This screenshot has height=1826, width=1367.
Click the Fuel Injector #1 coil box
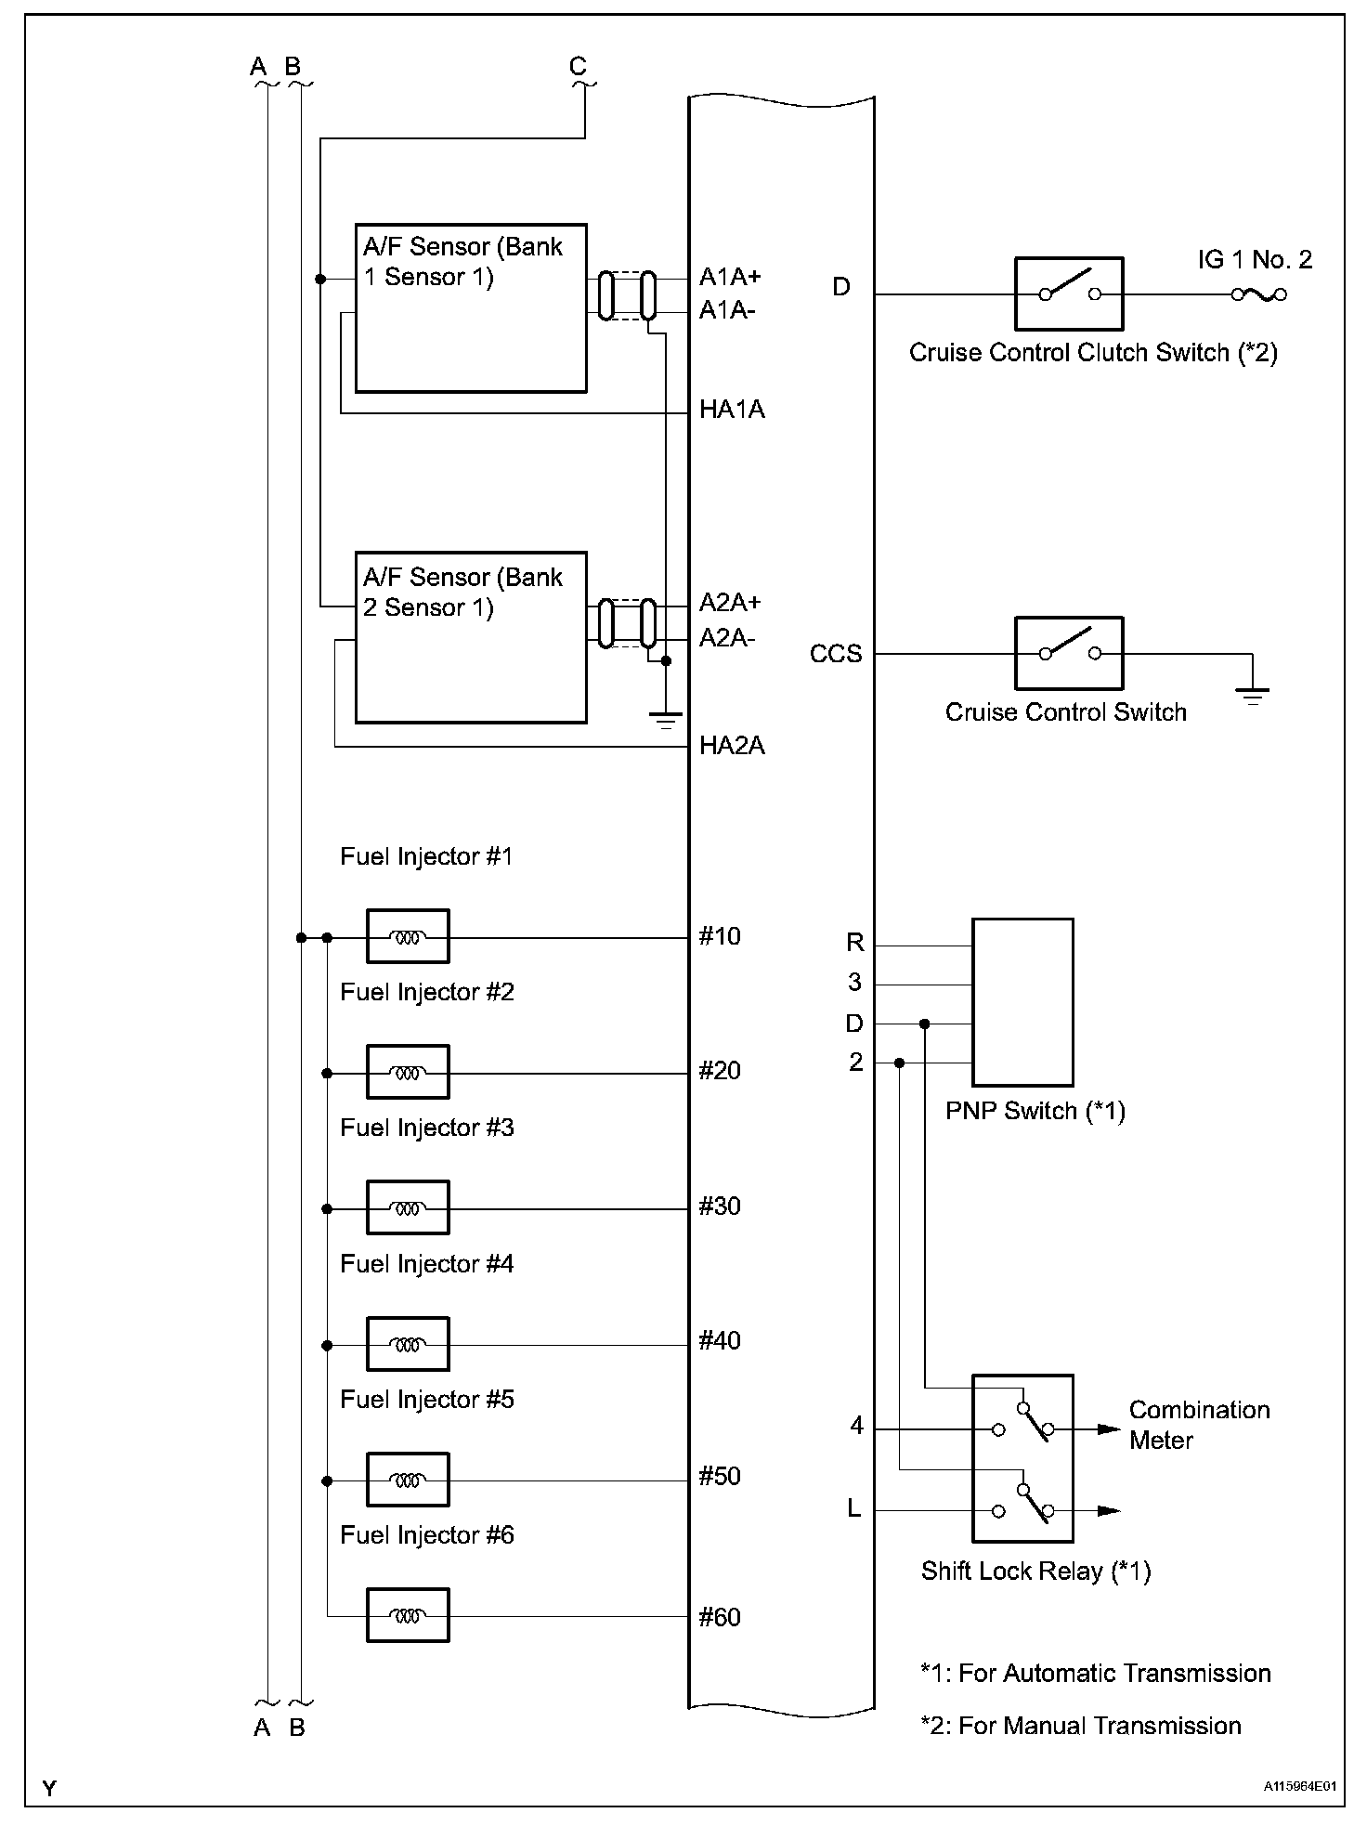coord(408,936)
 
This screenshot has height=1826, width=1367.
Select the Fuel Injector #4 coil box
coord(408,1343)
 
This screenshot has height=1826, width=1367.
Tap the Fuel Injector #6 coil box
coord(408,1615)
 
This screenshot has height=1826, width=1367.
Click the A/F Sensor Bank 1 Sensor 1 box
coord(471,307)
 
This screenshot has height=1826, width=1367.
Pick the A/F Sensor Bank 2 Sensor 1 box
coord(471,637)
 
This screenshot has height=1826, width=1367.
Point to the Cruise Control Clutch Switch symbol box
coord(1069,293)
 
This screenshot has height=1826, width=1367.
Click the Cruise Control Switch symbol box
coord(1069,653)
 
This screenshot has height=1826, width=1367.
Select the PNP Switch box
coord(1022,1002)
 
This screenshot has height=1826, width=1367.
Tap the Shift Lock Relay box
coord(1022,1458)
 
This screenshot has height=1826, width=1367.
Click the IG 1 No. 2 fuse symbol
coord(1258,294)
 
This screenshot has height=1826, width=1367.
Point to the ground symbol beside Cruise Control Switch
coord(1253,694)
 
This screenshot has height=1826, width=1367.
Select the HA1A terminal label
coord(732,410)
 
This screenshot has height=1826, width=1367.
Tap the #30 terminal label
coord(720,1206)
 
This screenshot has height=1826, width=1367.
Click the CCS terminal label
coord(836,654)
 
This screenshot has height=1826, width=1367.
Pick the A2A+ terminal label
coord(730,603)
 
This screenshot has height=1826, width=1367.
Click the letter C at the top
coord(578,67)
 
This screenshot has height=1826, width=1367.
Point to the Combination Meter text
coord(1199,1425)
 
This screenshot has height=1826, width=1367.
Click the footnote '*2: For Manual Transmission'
coord(1081,1726)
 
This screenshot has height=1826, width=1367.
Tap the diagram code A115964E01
coord(1299,1786)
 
